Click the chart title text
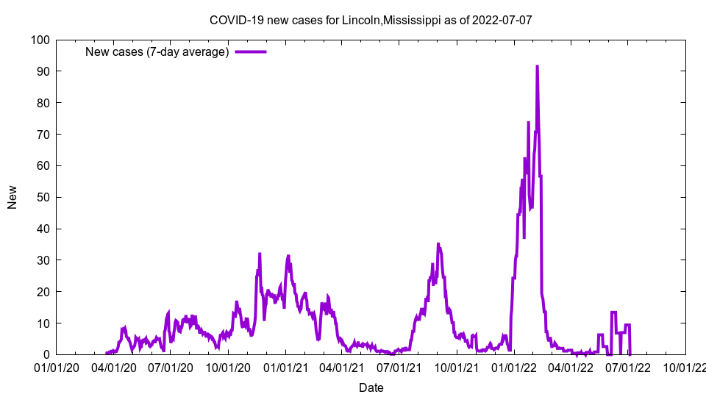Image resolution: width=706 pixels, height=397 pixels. click(371, 20)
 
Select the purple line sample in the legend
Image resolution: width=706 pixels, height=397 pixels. click(251, 51)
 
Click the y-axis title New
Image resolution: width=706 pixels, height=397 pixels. click(13, 197)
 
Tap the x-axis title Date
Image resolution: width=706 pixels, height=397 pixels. click(371, 387)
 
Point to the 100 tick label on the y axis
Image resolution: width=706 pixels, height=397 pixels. click(40, 40)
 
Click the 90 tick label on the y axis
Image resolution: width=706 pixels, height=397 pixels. click(43, 71)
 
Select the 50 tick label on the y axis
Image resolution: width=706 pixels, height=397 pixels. click(43, 197)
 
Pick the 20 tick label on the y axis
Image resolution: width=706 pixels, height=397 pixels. click(43, 292)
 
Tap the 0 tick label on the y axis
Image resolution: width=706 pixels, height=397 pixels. click(46, 354)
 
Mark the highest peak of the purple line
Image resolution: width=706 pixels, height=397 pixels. click(537, 66)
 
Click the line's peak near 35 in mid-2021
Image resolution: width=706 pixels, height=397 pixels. click(438, 244)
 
